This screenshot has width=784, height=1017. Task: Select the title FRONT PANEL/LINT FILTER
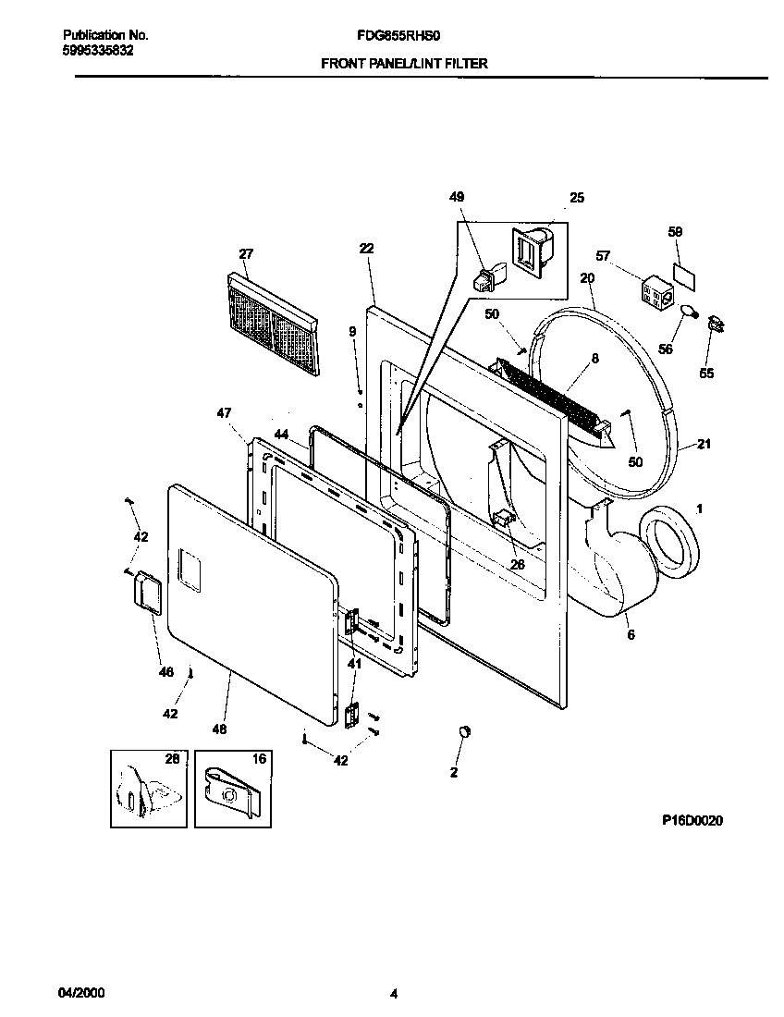click(x=404, y=64)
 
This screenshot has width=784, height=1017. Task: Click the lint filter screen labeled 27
click(x=273, y=324)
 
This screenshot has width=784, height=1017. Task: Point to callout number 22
click(x=366, y=248)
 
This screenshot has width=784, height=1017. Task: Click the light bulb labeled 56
click(x=687, y=313)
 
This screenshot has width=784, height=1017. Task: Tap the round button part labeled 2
click(x=463, y=732)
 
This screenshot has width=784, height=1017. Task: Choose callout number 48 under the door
click(x=218, y=729)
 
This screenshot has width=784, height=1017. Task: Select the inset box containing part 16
click(x=232, y=789)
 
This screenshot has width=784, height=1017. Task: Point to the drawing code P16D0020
click(x=692, y=819)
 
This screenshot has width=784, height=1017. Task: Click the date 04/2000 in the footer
click(x=81, y=994)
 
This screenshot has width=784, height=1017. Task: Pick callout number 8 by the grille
click(x=594, y=358)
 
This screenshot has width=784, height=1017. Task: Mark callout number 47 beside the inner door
click(x=224, y=413)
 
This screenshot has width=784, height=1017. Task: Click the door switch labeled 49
click(x=488, y=275)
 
